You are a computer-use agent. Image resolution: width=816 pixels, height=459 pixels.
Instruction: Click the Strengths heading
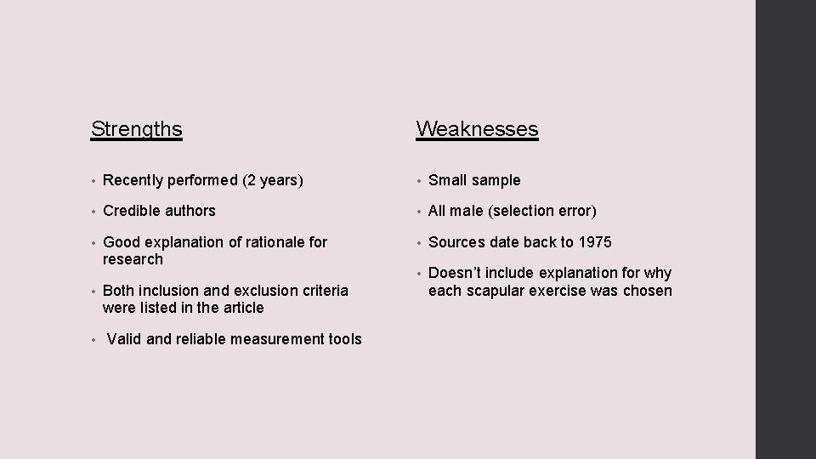pyautogui.click(x=136, y=129)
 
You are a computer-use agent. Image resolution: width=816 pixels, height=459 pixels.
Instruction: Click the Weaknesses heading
pyautogui.click(x=477, y=129)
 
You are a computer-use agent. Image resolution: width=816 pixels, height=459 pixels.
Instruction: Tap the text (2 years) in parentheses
pyautogui.click(x=273, y=180)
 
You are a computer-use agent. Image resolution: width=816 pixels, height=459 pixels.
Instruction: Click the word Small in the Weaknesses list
pyautogui.click(x=448, y=180)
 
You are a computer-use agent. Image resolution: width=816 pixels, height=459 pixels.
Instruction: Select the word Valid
pyautogui.click(x=124, y=339)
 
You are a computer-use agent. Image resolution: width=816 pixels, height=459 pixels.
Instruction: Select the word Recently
pyautogui.click(x=134, y=180)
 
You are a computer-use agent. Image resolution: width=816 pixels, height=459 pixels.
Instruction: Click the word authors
pyautogui.click(x=192, y=211)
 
